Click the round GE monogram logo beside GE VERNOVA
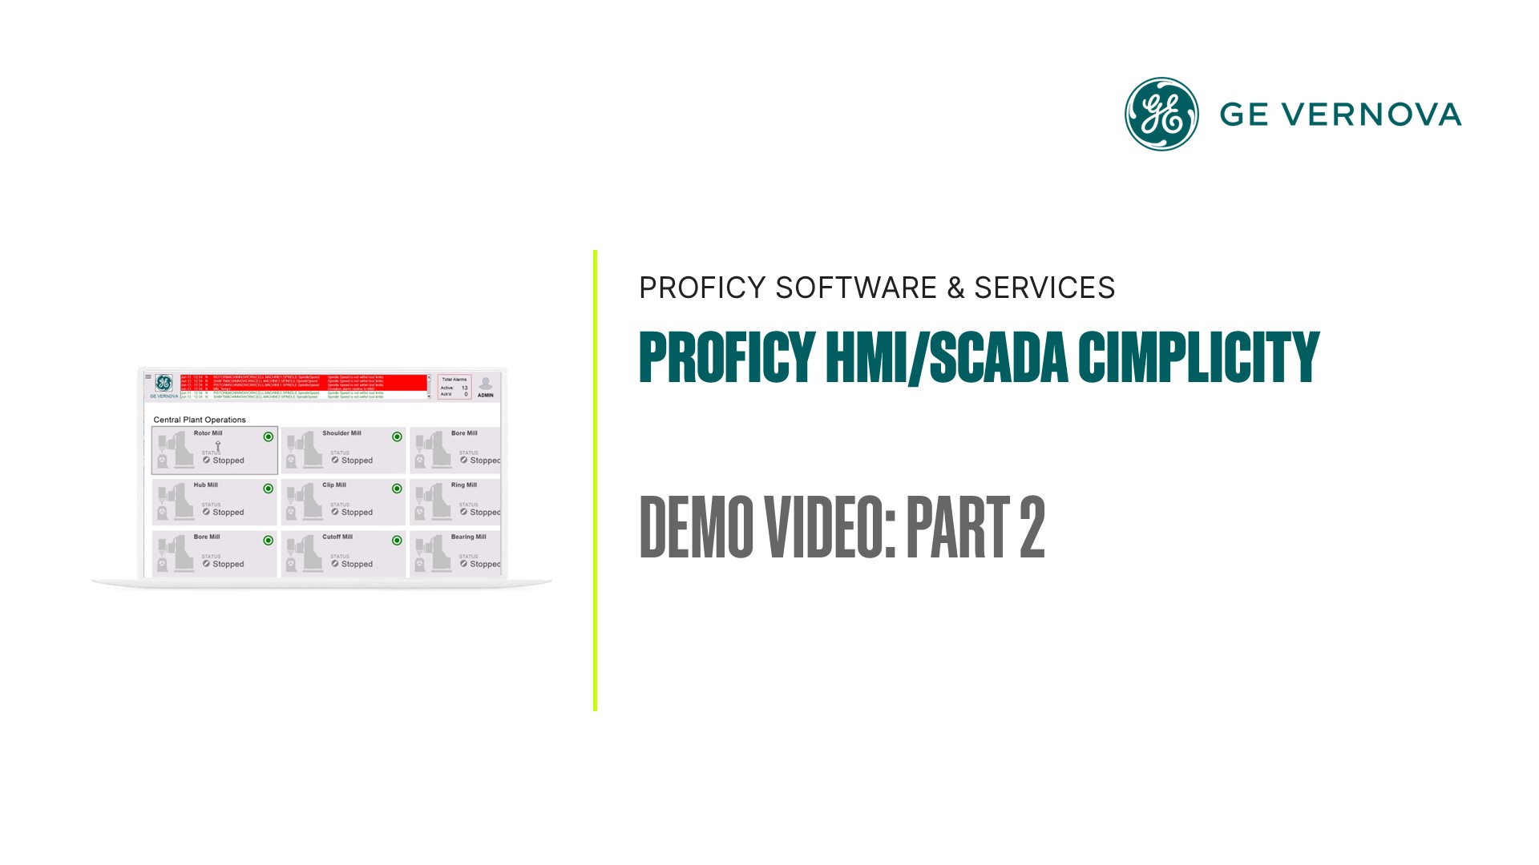[1161, 114]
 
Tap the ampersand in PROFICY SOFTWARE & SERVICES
[955, 288]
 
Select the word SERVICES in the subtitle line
[1044, 288]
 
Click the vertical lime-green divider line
[595, 481]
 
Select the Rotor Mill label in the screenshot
[208, 433]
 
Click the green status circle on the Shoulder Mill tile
[397, 437]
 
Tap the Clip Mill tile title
[334, 485]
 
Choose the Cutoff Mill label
[337, 537]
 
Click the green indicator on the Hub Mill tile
[269, 489]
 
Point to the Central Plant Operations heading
[200, 420]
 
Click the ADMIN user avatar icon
[486, 384]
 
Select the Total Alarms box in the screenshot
[454, 387]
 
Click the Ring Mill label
[463, 485]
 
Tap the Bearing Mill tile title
[468, 537]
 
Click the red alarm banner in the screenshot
[305, 381]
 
